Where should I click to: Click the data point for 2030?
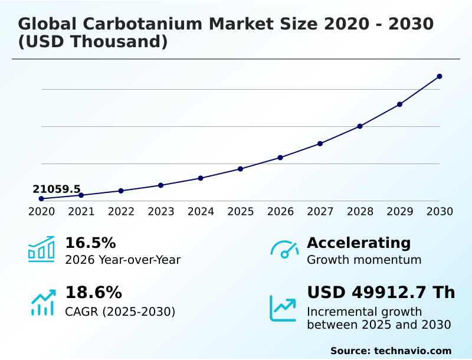pos(440,76)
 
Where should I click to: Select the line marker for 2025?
pos(240,169)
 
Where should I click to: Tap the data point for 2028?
pos(360,126)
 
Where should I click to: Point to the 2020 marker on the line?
pos(41,199)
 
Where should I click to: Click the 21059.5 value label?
pos(56,189)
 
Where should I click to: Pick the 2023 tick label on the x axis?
pos(160,211)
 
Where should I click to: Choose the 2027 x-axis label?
pos(320,211)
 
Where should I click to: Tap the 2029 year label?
pos(399,211)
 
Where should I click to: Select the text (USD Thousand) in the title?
pos(93,42)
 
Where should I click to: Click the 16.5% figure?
pos(90,243)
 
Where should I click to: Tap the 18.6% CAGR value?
pos(93,292)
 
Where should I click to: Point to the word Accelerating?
pos(359,243)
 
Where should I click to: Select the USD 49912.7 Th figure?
pos(381,292)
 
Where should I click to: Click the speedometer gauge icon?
pos(284,249)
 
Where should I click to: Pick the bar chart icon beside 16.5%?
pos(41,249)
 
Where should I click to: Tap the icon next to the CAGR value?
pos(42,302)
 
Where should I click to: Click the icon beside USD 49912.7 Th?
pos(283,308)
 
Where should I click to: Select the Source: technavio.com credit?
pos(391,351)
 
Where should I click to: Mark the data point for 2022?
pos(121,191)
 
